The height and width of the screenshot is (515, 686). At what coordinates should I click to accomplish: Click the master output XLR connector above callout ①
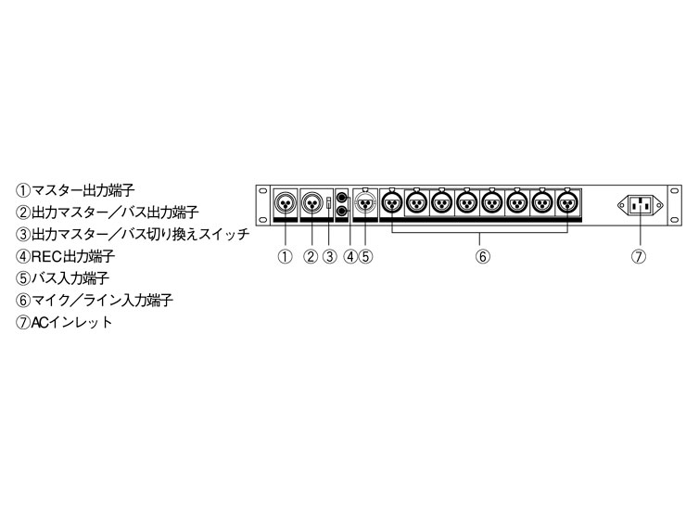click(x=286, y=203)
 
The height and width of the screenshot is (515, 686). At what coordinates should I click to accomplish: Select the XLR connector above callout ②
click(x=311, y=203)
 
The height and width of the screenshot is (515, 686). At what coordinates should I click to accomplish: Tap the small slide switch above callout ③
click(x=329, y=203)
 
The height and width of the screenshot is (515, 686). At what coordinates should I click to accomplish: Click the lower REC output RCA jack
click(x=342, y=211)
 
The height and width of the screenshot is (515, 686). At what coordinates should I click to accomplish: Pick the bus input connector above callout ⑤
click(x=365, y=202)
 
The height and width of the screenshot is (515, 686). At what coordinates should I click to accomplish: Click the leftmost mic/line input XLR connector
click(x=392, y=202)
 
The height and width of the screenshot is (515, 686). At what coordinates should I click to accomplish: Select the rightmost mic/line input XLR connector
click(x=567, y=202)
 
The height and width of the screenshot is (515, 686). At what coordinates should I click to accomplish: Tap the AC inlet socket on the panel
click(x=640, y=204)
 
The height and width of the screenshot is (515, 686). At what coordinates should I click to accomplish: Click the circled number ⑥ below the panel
click(x=483, y=256)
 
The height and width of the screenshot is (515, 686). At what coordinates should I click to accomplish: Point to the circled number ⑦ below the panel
click(x=639, y=256)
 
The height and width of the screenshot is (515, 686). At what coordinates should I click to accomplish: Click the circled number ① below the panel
click(x=286, y=256)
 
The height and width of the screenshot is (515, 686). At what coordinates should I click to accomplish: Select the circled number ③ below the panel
click(x=330, y=256)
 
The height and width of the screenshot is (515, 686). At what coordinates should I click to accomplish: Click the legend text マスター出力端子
click(x=83, y=190)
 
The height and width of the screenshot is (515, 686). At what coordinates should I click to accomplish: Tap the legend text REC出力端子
click(x=73, y=256)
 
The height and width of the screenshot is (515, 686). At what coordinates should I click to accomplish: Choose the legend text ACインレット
click(x=72, y=322)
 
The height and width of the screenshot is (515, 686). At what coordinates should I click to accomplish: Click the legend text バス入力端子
click(x=70, y=278)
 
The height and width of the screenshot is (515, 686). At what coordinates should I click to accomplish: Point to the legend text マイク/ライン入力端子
click(x=102, y=301)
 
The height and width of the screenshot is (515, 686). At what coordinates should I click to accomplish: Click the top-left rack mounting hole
click(x=262, y=191)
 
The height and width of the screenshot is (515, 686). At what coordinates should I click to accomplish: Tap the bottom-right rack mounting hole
click(x=674, y=220)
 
